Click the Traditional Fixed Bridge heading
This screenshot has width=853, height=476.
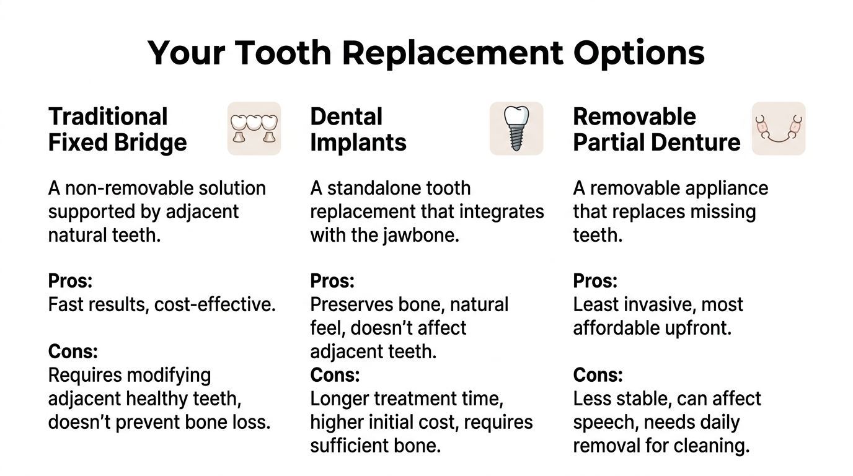coord(117,129)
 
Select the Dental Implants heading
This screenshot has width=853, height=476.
coord(358,129)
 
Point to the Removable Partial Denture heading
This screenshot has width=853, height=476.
coord(656,129)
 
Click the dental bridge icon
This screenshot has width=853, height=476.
coord(254,128)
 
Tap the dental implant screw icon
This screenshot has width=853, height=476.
coord(516,128)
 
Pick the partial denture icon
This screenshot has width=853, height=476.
coord(779,128)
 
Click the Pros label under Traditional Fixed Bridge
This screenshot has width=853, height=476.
coord(70,281)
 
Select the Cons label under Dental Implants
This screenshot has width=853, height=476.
coord(335,375)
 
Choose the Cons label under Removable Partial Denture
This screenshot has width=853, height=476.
coord(598,375)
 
